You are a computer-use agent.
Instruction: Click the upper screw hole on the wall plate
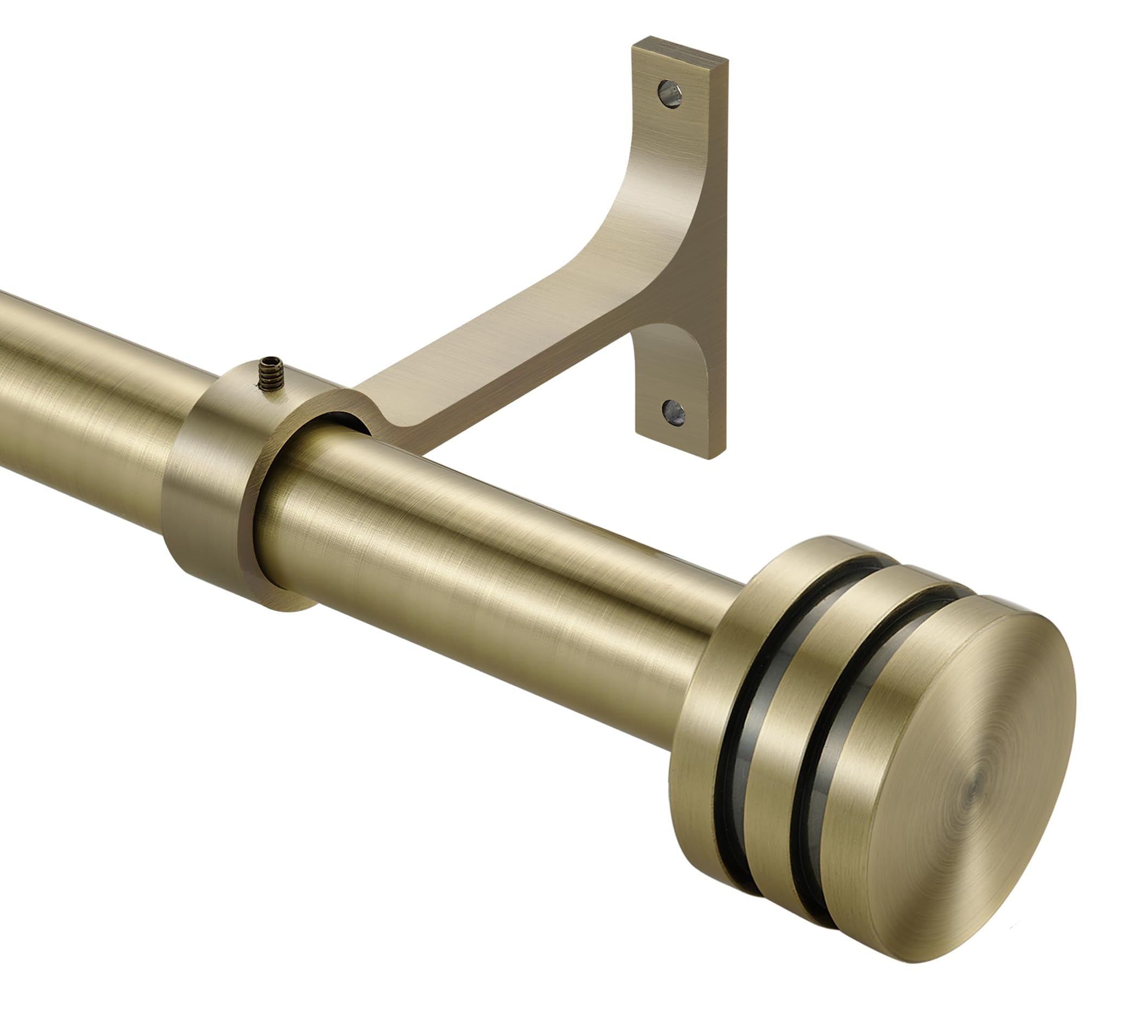tap(669, 94)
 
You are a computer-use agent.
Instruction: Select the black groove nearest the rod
tap(730, 741)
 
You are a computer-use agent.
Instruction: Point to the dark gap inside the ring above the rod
tap(340, 421)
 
